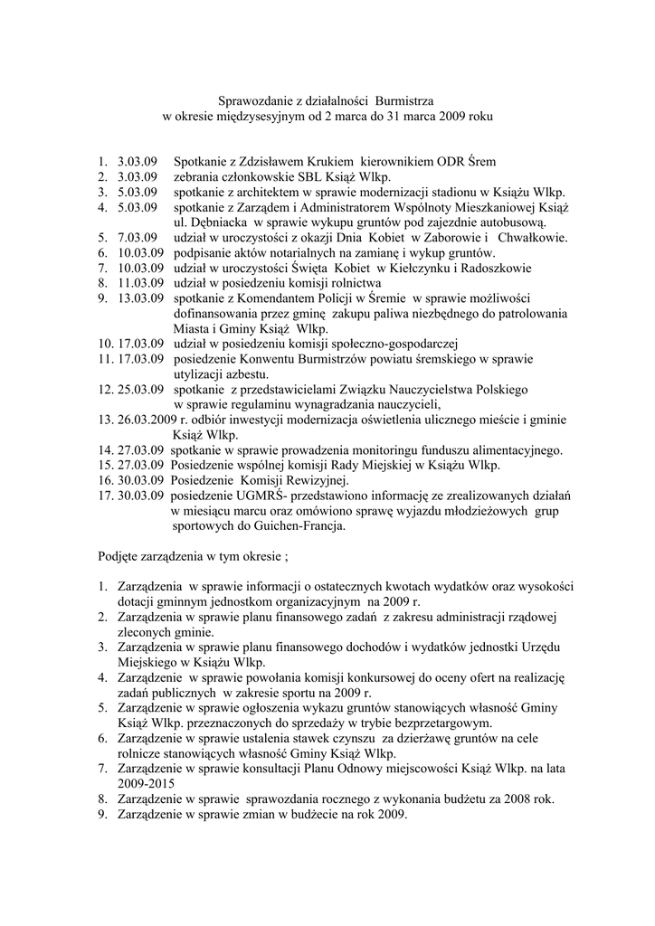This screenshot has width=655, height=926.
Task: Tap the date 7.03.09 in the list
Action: tap(138, 238)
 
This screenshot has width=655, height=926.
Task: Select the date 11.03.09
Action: tap(140, 283)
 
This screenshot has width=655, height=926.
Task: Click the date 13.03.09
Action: tap(140, 298)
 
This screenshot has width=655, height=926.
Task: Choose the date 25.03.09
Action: tap(140, 390)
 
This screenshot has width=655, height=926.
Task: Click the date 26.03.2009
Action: tap(149, 420)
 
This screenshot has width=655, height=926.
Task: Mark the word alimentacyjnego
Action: tap(514, 450)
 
